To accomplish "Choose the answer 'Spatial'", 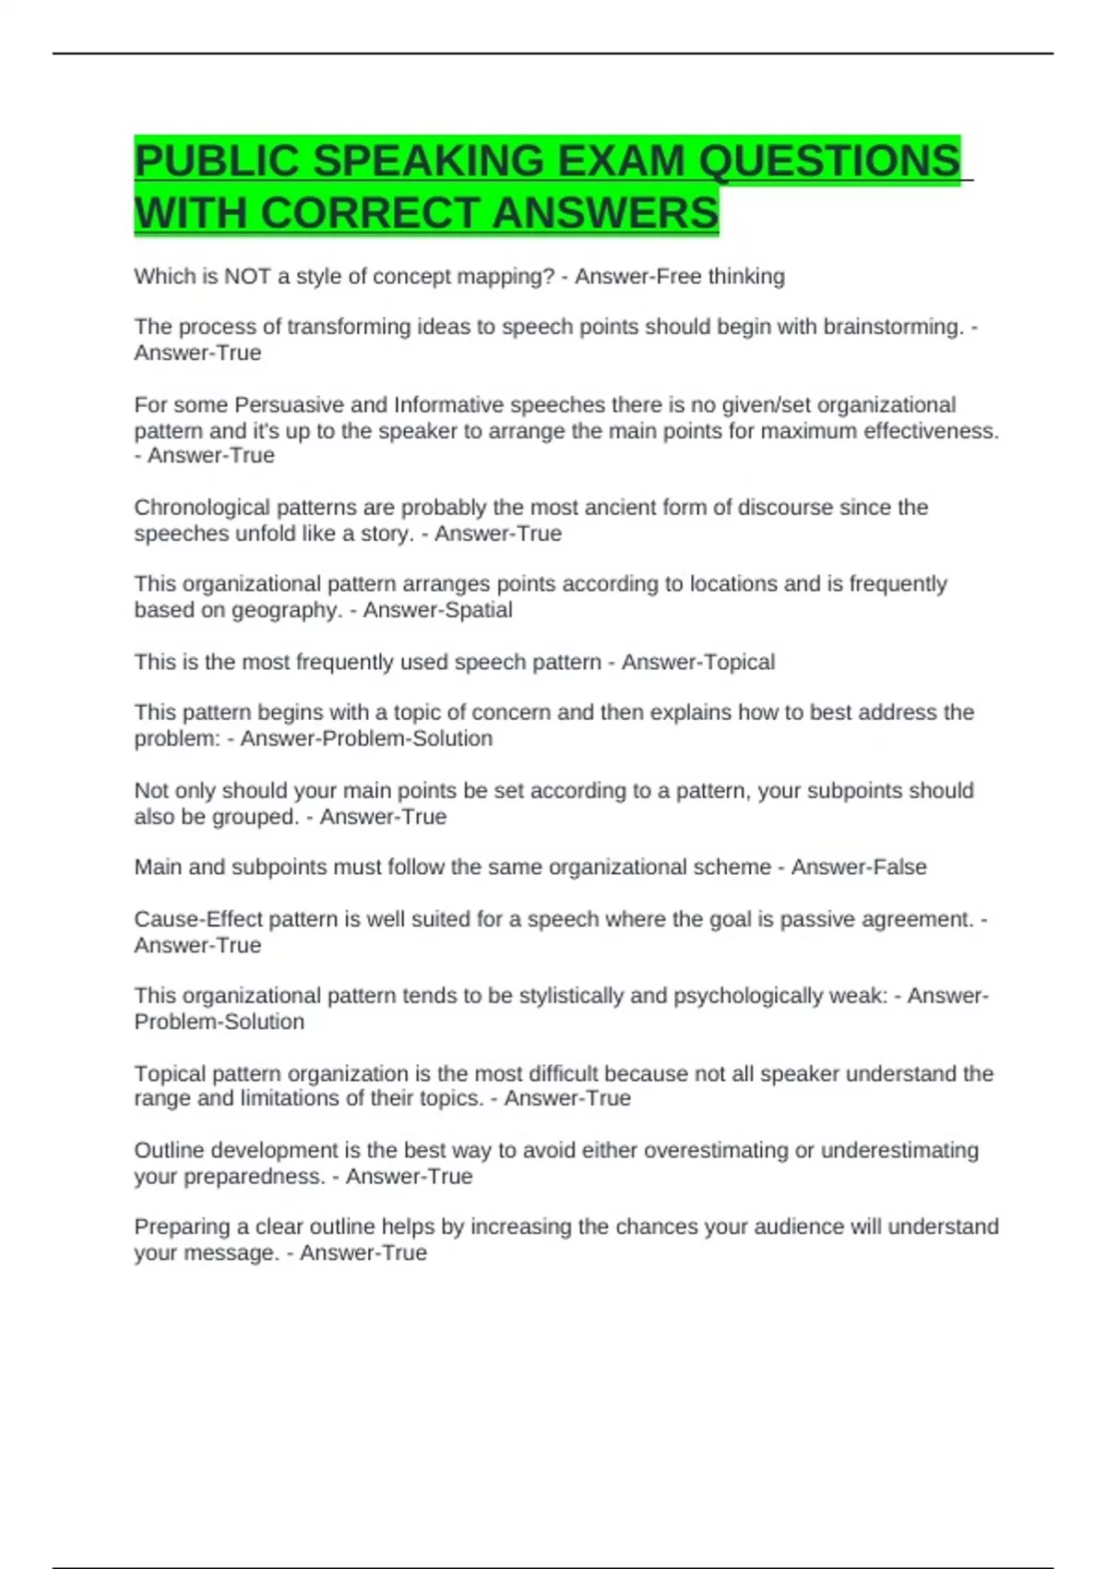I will coord(479,610).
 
